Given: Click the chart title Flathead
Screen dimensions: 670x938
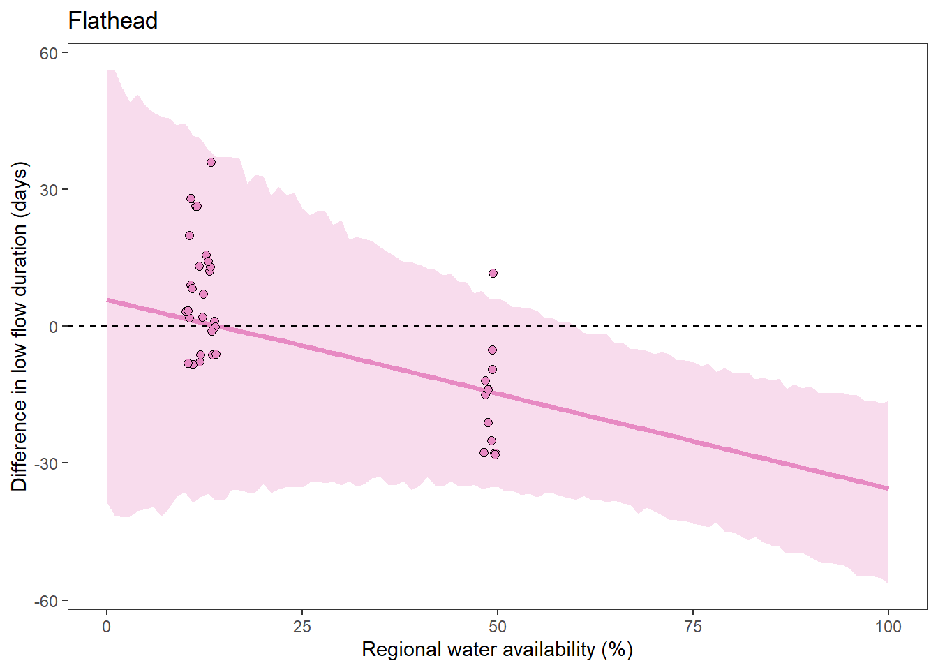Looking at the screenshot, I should coord(112,21).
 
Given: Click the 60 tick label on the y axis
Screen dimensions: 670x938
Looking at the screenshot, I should coord(48,53).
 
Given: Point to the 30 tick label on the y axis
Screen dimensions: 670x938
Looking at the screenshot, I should coord(48,190).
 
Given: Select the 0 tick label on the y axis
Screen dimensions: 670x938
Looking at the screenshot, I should coord(53,327).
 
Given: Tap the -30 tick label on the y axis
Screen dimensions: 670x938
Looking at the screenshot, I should coord(46,463).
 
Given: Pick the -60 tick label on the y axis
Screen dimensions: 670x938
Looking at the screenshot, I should coord(46,601).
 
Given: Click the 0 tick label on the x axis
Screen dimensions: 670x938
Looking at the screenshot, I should coord(107,626).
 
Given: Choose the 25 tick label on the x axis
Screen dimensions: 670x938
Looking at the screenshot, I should coord(301,626).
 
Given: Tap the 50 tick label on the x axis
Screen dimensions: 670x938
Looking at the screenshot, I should coord(498,626).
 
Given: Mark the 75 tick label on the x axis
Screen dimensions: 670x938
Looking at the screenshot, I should coord(693,626).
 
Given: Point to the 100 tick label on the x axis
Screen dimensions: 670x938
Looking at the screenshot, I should coord(888,626).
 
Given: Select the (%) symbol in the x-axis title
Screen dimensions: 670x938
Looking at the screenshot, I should coord(616,650).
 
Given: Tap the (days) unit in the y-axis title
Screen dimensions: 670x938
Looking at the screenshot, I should coord(20,189).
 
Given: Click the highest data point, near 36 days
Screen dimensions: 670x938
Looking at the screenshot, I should coord(211,163).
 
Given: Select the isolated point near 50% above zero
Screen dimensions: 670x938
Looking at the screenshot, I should coord(493,274).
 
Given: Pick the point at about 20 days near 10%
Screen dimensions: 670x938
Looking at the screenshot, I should coord(189,236).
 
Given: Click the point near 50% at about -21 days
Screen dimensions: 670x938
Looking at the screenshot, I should coord(488,422).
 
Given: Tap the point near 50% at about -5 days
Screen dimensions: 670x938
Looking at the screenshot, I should coord(492,350).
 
